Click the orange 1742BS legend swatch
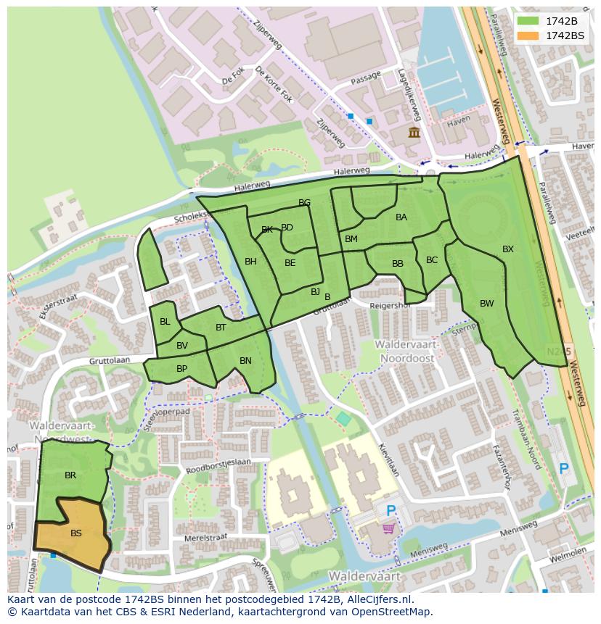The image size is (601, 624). (528, 36)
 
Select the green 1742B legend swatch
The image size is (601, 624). (528, 21)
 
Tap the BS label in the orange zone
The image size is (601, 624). (76, 533)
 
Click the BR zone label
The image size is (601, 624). (70, 476)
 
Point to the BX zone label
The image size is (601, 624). (508, 249)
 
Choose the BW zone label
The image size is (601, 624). (486, 304)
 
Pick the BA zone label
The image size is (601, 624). (401, 217)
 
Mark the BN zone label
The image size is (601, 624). (245, 361)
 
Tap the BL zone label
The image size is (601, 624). (165, 322)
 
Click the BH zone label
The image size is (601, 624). (250, 262)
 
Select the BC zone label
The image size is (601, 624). (432, 260)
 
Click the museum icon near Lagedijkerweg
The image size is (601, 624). (414, 132)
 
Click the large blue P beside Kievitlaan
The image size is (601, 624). (391, 511)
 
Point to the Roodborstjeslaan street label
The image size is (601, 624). (218, 465)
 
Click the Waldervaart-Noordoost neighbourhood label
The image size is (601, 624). (404, 351)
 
